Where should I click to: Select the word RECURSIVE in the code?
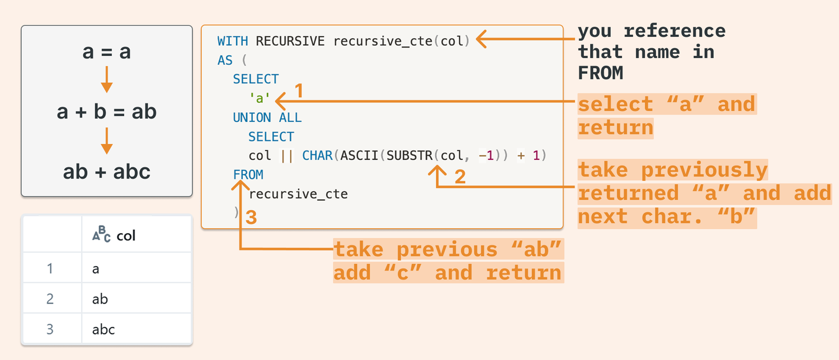pos(290,41)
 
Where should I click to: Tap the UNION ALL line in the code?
pos(267,117)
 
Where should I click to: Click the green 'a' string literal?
pos(260,98)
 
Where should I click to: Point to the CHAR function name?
pos(317,155)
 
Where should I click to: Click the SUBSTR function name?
pos(409,155)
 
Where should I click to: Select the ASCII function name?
pos(359,155)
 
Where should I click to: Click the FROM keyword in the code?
pos(248,175)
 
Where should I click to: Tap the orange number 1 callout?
pos(299,91)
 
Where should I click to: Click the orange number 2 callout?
pos(460,177)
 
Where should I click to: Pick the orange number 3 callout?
pos(251,217)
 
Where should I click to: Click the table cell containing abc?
pos(103,329)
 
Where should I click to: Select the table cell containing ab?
pos(100,299)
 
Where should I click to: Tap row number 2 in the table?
pos(50,299)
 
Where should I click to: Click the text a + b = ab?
pos(106,112)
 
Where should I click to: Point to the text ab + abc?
pos(106,171)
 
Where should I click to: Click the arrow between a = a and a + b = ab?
pos(106,82)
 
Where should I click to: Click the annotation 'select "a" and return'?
pos(666,116)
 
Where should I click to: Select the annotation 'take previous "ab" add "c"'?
pos(447,261)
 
